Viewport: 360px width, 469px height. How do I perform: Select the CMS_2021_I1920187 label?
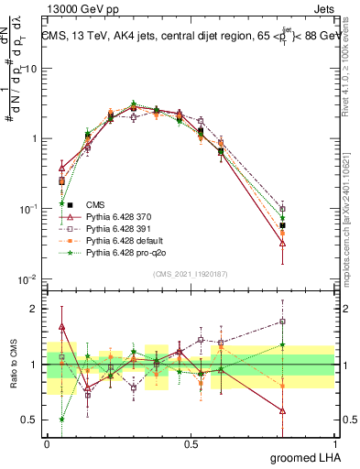[x=190, y=273]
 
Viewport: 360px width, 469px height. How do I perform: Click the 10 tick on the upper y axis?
[x=32, y=69]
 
